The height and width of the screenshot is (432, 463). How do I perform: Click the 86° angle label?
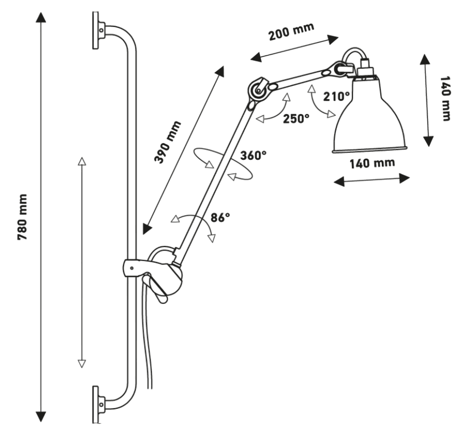point(220,218)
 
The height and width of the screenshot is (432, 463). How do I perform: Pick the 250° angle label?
point(296,118)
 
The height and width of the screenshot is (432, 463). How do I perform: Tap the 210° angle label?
point(337,96)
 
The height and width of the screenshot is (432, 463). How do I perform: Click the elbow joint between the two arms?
point(257,91)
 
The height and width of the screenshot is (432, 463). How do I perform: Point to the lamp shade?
point(368,119)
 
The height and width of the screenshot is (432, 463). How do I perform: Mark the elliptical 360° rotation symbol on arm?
point(222,164)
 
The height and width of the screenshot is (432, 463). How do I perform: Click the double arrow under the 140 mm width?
point(371,179)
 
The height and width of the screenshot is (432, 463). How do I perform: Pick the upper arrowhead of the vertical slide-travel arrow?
point(81,161)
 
